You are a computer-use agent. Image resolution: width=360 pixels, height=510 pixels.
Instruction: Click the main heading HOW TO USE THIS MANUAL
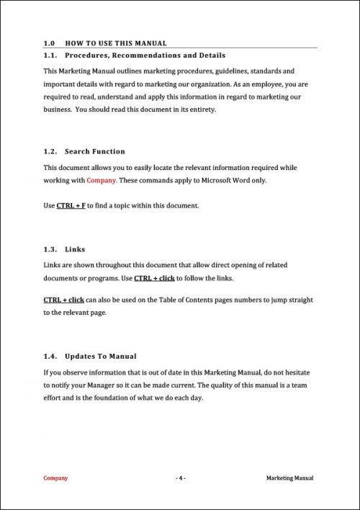(x=116, y=43)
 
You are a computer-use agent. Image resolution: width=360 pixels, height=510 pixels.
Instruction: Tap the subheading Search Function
(x=94, y=151)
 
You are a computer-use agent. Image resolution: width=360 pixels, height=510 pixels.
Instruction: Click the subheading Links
(x=75, y=249)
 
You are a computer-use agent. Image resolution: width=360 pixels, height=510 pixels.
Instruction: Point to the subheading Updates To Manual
(x=100, y=357)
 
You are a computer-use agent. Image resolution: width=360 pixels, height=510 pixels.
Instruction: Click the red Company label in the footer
(x=55, y=478)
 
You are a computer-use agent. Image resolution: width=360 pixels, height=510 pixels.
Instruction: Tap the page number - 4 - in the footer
(x=180, y=478)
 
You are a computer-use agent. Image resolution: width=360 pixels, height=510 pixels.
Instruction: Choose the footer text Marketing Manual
(x=289, y=478)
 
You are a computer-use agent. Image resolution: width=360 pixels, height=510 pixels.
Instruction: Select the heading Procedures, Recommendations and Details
(x=145, y=55)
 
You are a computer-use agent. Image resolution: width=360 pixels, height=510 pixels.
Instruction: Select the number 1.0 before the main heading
(x=49, y=43)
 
